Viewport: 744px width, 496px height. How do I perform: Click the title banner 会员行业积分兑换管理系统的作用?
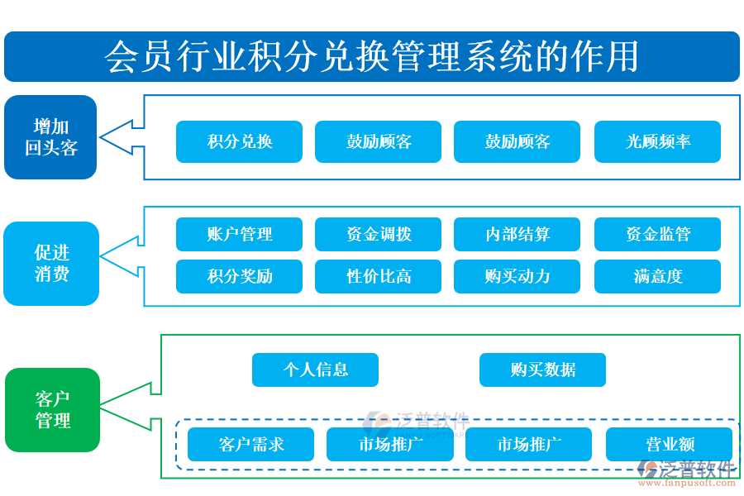(372, 56)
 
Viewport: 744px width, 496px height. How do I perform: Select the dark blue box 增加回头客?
(50, 137)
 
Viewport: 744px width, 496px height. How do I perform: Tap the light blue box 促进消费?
(51, 263)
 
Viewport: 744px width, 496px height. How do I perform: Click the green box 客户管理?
(52, 410)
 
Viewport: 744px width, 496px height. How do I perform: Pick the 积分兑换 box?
(239, 141)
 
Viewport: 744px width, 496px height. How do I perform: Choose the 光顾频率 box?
(657, 141)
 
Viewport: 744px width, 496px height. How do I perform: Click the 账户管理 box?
(239, 234)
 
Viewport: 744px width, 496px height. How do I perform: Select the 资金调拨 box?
(378, 234)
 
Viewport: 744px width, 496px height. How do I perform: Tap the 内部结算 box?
(517, 234)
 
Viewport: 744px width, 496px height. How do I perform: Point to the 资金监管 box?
(657, 234)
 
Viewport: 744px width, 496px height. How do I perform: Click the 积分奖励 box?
(239, 276)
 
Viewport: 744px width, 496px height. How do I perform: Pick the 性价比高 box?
(378, 276)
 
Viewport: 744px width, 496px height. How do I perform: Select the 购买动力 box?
(517, 276)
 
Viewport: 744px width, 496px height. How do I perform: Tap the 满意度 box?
(657, 276)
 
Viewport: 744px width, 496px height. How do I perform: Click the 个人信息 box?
(315, 370)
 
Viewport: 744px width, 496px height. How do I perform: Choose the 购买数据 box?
(542, 370)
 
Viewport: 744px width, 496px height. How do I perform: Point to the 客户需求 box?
(250, 444)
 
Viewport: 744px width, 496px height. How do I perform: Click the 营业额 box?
(669, 444)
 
